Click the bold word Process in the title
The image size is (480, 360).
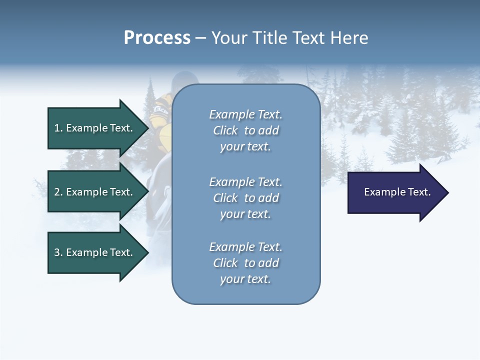pos(157,38)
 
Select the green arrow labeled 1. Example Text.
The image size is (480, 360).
pos(95,128)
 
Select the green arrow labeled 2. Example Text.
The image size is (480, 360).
pos(95,192)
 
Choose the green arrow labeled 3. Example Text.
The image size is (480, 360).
pos(95,252)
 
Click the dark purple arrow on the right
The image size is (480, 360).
pos(395,192)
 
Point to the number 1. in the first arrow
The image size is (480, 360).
pos(58,128)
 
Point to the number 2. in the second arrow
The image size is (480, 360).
pos(58,192)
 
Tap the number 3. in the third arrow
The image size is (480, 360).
pos(58,252)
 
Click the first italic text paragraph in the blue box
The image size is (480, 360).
pos(245,130)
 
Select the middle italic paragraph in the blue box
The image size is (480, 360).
pos(245,198)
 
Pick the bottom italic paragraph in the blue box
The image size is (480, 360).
pos(245,263)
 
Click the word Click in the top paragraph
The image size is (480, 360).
pos(225,131)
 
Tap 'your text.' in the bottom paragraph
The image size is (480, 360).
pos(245,279)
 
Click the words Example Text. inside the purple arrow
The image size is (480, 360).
pos(397,192)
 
